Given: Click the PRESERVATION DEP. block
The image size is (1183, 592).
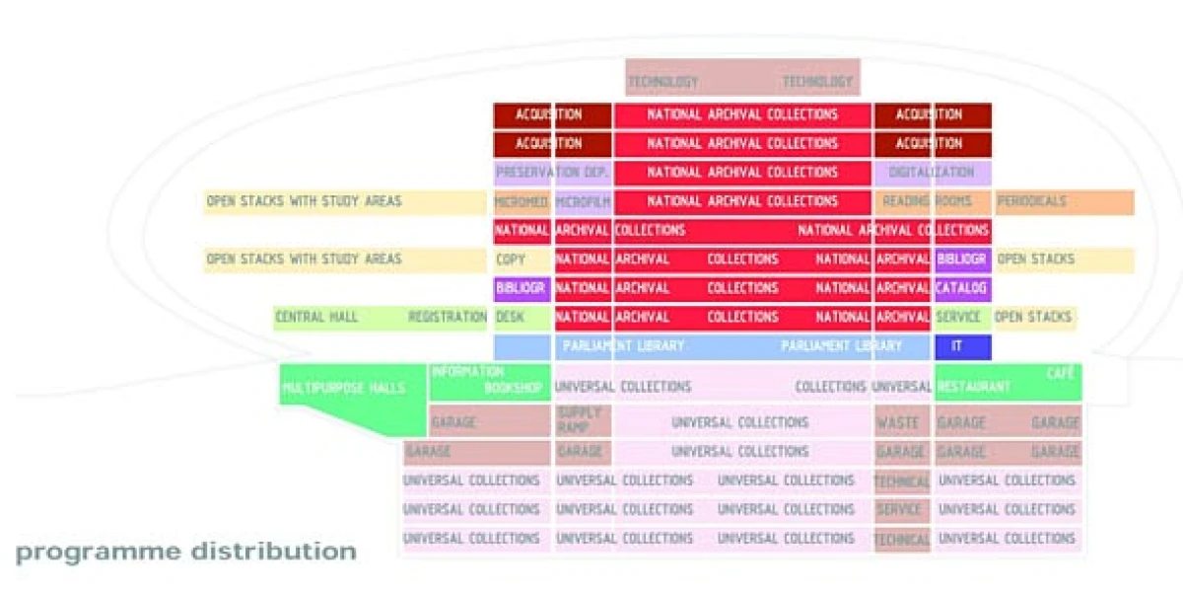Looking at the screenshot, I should click(552, 173).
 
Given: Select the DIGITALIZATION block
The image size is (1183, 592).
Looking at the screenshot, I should click(932, 173).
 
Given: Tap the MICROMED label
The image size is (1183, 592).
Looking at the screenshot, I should click(522, 202).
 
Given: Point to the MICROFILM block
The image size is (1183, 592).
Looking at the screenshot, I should click(583, 202).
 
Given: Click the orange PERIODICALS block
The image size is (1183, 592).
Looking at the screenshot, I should click(1064, 202).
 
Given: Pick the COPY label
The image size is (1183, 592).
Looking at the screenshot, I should click(511, 259).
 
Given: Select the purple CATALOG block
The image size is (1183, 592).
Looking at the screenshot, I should click(961, 289).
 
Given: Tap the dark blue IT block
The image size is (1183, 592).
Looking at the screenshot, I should click(961, 346).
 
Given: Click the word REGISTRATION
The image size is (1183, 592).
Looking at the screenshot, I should click(448, 318).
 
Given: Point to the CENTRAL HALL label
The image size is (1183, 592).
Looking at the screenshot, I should click(315, 318).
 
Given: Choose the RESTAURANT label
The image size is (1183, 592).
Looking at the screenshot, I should click(974, 388).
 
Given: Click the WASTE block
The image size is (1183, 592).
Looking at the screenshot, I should click(898, 422).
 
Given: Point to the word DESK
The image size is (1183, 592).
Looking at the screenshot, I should click(510, 318).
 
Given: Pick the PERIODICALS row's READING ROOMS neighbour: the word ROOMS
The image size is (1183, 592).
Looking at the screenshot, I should click(953, 202).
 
